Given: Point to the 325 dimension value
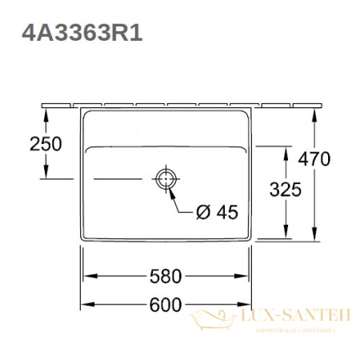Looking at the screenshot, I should point(285,190).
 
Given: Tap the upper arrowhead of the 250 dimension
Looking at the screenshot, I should point(46,114).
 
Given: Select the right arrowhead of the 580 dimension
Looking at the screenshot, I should point(249,277).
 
